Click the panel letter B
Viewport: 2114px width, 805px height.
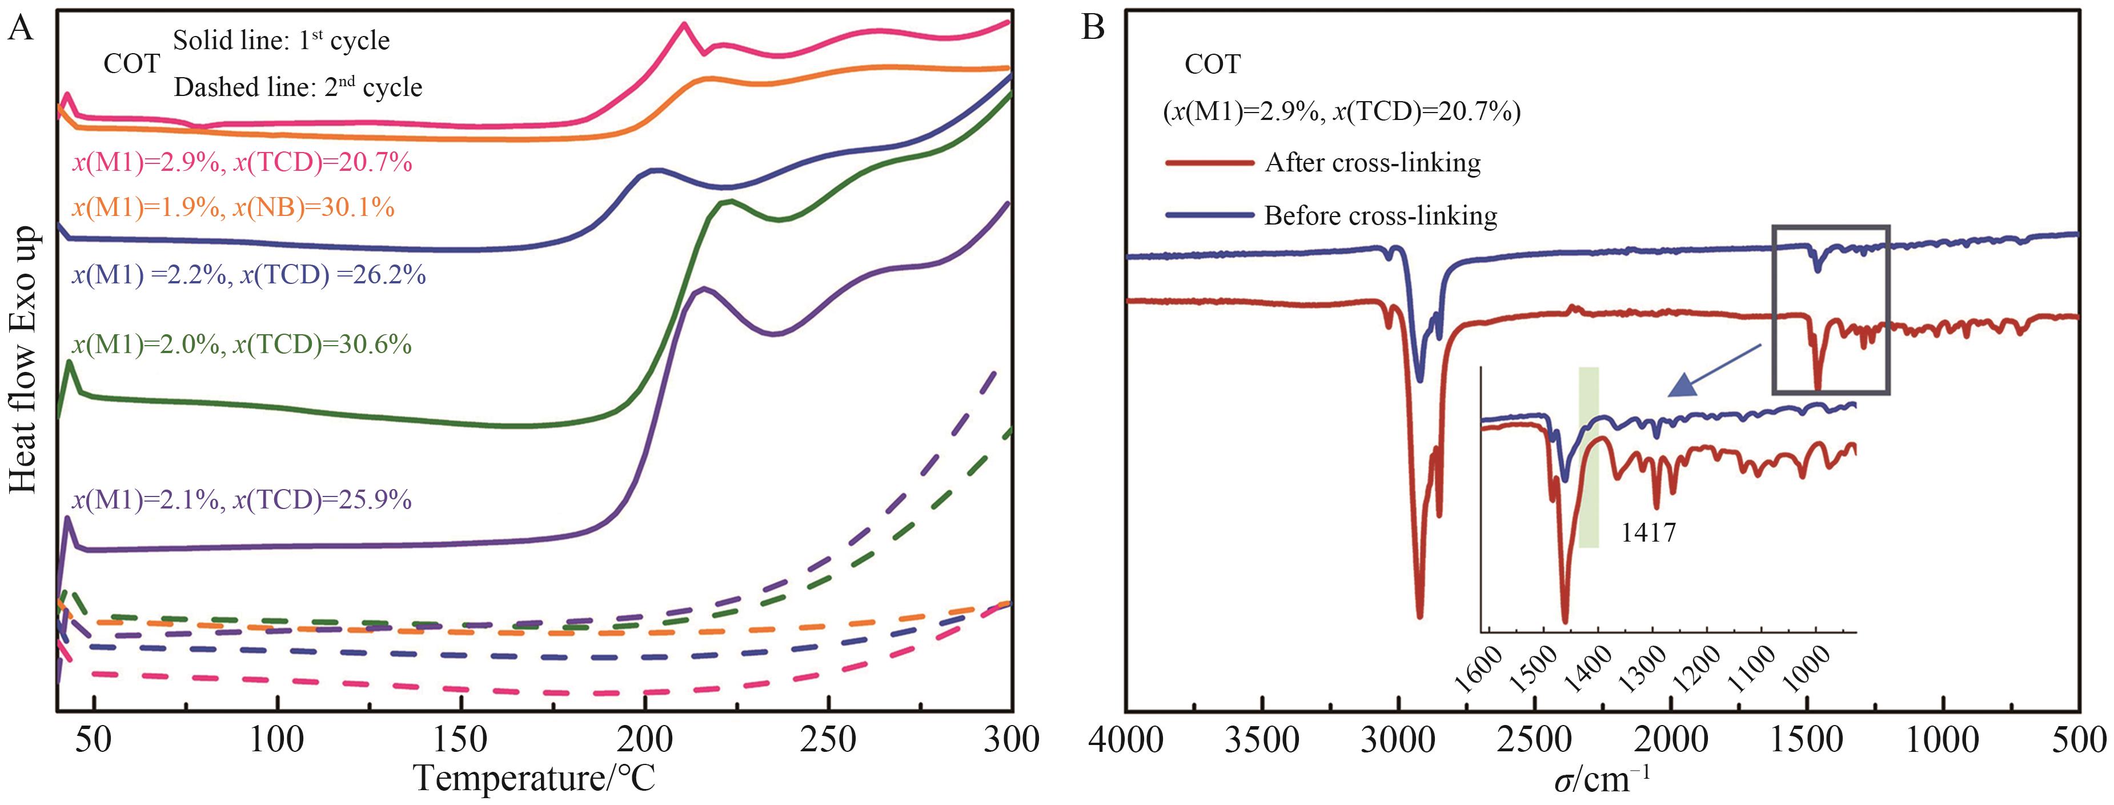(1094, 30)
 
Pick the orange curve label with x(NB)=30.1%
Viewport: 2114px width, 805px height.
(233, 207)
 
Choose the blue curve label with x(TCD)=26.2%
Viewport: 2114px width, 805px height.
(248, 275)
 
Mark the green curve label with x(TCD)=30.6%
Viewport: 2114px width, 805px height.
(242, 345)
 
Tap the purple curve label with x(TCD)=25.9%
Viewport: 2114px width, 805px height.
(242, 500)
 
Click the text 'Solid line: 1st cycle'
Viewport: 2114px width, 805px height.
(282, 41)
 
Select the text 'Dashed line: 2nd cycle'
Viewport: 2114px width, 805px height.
(298, 87)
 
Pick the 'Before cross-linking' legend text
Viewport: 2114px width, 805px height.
(1381, 216)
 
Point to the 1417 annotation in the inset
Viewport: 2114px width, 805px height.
(1648, 534)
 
